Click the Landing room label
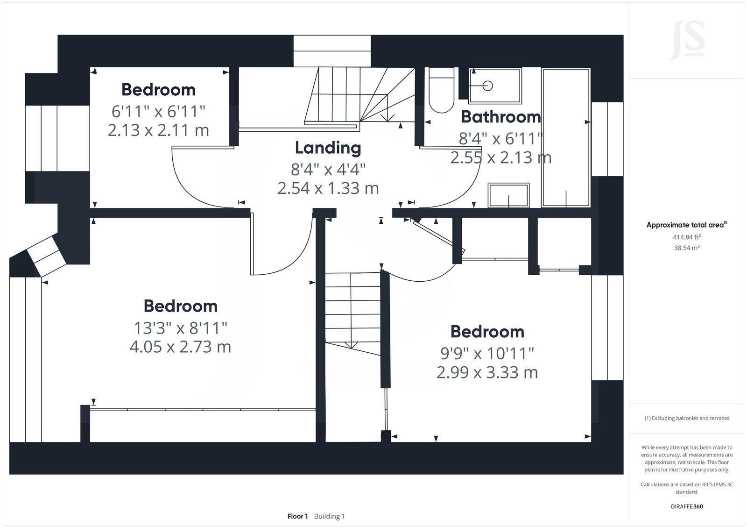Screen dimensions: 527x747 328,148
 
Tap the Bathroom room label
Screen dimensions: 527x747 500,117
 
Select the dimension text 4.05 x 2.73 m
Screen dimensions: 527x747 180,347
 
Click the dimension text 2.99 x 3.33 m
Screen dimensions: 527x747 487,373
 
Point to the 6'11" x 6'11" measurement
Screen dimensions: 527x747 158,112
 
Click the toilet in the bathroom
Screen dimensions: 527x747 441,91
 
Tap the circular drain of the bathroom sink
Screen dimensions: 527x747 487,85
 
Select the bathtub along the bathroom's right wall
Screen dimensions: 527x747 566,138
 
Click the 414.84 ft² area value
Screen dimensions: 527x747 687,237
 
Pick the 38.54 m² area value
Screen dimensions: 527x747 686,248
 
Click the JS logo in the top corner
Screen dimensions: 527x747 687,40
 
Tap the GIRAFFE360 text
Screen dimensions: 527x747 687,506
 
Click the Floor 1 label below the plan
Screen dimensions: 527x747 297,516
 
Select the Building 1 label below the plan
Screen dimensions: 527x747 329,516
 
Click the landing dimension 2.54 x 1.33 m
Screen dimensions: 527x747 328,188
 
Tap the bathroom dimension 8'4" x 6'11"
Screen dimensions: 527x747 500,139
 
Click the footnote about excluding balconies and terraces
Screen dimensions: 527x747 687,418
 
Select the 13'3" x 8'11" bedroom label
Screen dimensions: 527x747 180,328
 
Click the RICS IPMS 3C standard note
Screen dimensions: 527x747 687,488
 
